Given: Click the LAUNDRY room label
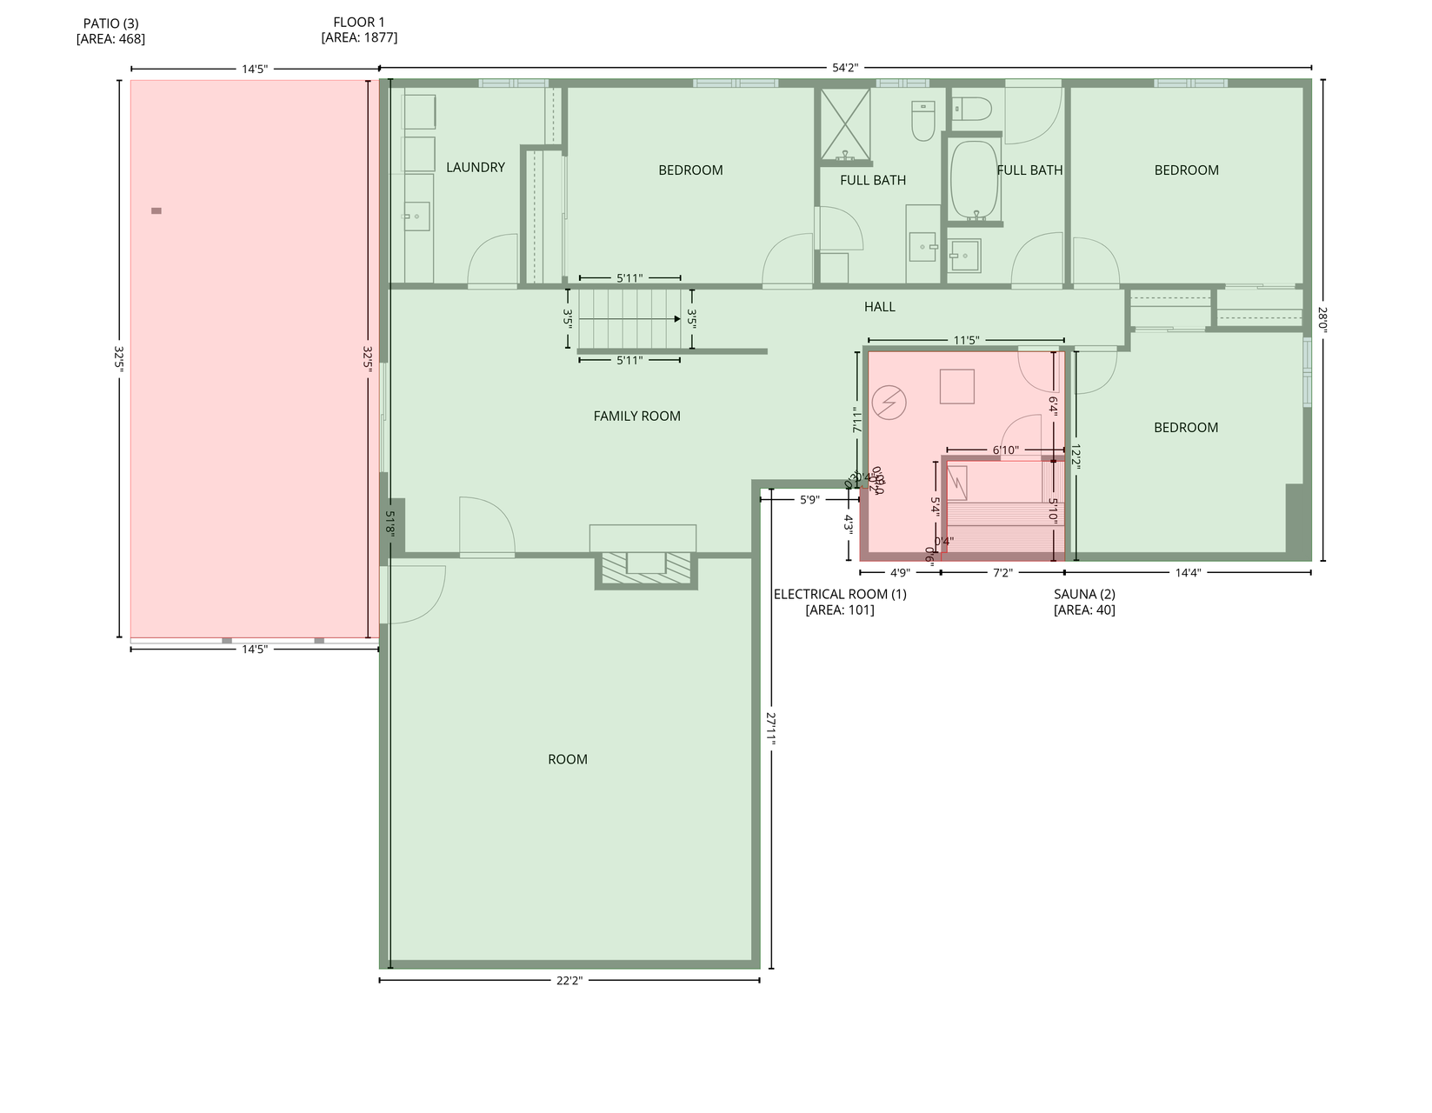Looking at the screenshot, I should point(475,167).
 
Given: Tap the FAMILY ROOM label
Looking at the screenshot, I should point(636,416).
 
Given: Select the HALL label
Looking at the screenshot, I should point(879,306).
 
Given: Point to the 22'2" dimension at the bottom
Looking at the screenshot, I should point(569,980).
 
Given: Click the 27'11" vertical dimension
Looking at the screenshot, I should point(770,728).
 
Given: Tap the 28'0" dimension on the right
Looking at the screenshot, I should point(1322,320).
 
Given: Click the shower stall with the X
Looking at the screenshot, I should point(845,124).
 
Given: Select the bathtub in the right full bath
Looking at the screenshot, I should point(974,180).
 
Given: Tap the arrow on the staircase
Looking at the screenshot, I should point(676,319).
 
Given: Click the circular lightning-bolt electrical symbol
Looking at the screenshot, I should point(889,403).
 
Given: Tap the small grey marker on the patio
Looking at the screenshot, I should point(157,210).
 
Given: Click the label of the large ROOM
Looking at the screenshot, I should point(567,759).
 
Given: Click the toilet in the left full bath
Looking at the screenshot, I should point(922,121).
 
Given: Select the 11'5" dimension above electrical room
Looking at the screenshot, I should point(965,340).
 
